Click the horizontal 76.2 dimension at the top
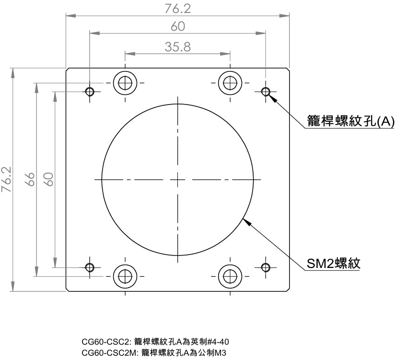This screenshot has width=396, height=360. pyautogui.click(x=177, y=9)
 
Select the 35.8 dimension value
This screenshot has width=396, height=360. pyautogui.click(x=177, y=46)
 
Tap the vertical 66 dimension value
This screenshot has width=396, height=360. pyautogui.click(x=30, y=180)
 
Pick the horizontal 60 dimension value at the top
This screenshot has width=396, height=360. pyautogui.click(x=177, y=27)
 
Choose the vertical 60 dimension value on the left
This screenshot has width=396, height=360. pyautogui.click(x=48, y=180)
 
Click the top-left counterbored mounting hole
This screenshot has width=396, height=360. pyautogui.click(x=125, y=83)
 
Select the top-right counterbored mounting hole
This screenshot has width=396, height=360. pyautogui.click(x=230, y=83)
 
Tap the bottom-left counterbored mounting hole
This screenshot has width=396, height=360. pyautogui.click(x=125, y=276)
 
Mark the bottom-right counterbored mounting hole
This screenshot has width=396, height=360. pyautogui.click(x=230, y=276)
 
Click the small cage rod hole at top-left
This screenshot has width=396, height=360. pyautogui.click(x=89, y=91)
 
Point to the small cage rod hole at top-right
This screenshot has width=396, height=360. pyautogui.click(x=266, y=91)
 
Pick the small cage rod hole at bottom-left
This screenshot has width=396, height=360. pyautogui.click(x=89, y=267)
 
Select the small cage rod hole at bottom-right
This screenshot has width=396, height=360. pyautogui.click(x=266, y=267)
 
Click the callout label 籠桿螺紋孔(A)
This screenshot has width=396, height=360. pyautogui.click(x=350, y=121)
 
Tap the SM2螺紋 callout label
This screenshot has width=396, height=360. pyautogui.click(x=333, y=263)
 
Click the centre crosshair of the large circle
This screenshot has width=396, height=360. pyautogui.click(x=177, y=180)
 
